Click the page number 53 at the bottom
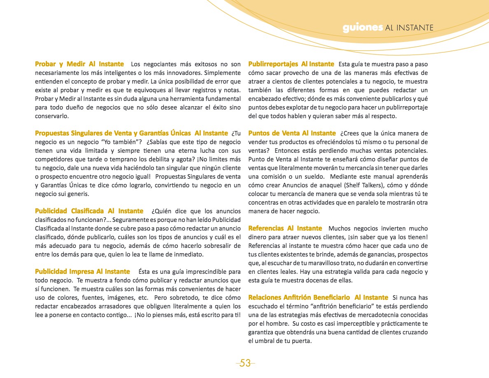point(245,363)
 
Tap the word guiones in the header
point(363,28)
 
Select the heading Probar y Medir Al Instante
point(79,64)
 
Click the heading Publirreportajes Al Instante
point(291,64)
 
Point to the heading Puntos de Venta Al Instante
point(292,133)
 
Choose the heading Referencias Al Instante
point(285,229)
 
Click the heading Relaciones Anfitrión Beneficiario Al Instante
point(318,298)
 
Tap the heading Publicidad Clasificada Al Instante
point(89,211)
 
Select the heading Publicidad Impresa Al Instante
point(82,272)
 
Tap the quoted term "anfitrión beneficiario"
point(352,306)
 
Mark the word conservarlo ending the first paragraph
point(51,116)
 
